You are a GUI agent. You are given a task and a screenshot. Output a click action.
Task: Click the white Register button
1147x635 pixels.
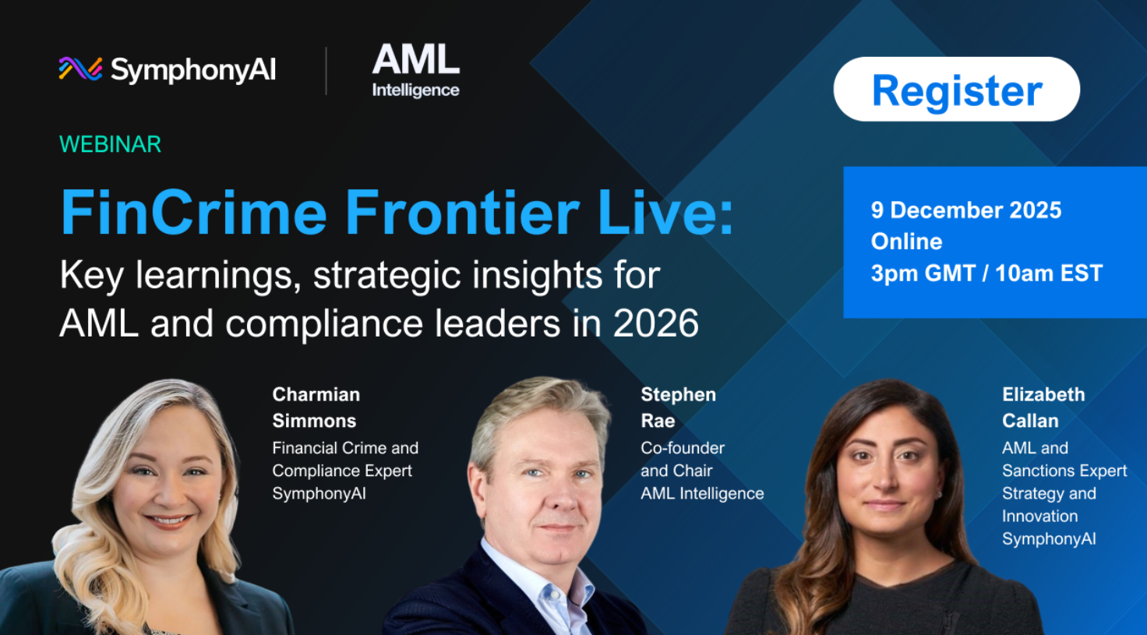click(957, 89)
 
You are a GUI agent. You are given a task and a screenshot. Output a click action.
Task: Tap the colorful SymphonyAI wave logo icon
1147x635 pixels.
click(80, 69)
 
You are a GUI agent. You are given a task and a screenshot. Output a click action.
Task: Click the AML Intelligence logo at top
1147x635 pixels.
click(416, 70)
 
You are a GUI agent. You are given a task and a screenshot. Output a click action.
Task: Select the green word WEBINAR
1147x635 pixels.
click(110, 144)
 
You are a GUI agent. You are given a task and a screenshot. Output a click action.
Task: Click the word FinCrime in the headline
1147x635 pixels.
click(193, 212)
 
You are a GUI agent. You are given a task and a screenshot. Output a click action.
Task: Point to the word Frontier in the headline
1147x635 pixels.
click(462, 212)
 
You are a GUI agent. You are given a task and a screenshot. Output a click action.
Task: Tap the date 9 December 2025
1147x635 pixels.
click(966, 210)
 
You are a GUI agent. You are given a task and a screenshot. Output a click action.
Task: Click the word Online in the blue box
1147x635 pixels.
click(906, 242)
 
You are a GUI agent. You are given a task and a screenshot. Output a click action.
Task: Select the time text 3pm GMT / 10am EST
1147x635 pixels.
click(986, 273)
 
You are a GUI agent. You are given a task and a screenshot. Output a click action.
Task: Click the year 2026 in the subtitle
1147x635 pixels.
click(656, 323)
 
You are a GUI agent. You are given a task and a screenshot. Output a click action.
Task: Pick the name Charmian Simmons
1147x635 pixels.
click(316, 407)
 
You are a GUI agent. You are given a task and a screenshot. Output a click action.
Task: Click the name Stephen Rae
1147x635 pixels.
click(679, 407)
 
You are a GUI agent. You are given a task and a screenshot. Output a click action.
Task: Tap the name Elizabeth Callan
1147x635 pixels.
click(1043, 407)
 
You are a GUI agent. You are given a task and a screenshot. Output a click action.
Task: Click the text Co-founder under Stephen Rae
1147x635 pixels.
click(683, 448)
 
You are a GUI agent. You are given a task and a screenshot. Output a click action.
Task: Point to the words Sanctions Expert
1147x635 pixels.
click(1064, 471)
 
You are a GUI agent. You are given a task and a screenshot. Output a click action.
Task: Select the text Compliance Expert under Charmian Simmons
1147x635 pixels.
click(342, 471)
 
